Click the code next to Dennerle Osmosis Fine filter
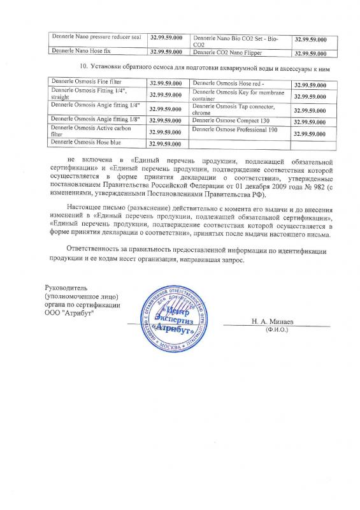tap(167, 84)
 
